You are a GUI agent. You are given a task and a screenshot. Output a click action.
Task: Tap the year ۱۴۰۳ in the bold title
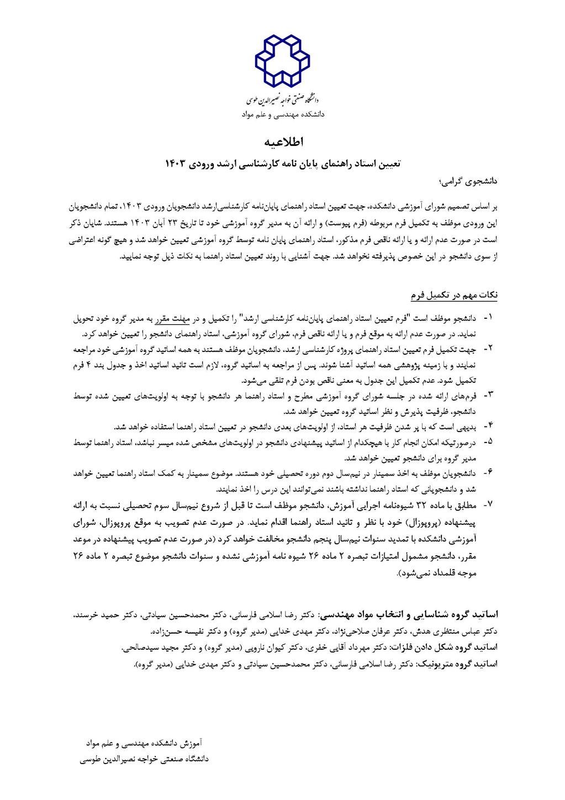click(176, 164)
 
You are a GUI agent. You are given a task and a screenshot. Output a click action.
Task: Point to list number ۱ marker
click(489, 319)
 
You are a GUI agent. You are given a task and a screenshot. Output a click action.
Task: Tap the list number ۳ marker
click(489, 396)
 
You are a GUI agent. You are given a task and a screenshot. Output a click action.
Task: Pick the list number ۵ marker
click(489, 443)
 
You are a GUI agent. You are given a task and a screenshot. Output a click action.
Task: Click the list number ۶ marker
click(489, 474)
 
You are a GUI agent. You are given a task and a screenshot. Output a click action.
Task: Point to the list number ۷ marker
click(489, 505)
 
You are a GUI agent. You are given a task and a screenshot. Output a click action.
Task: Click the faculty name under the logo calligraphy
click(283, 115)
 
